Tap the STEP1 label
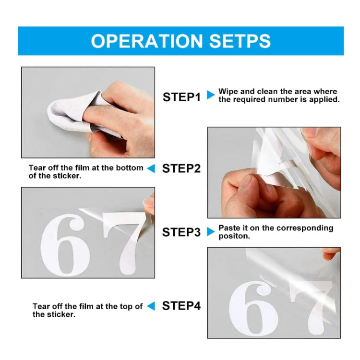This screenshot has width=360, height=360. [x=181, y=97]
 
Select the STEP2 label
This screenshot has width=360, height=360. [x=181, y=168]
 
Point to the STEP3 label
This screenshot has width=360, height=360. [x=181, y=232]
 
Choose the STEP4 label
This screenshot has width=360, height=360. [x=181, y=306]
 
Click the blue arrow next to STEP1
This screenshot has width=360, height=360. [x=210, y=95]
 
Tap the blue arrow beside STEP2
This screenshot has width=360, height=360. [x=151, y=168]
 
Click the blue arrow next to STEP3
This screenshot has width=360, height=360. [x=210, y=231]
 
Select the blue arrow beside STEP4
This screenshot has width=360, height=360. [x=151, y=306]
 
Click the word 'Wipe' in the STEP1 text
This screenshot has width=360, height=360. [x=228, y=91]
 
